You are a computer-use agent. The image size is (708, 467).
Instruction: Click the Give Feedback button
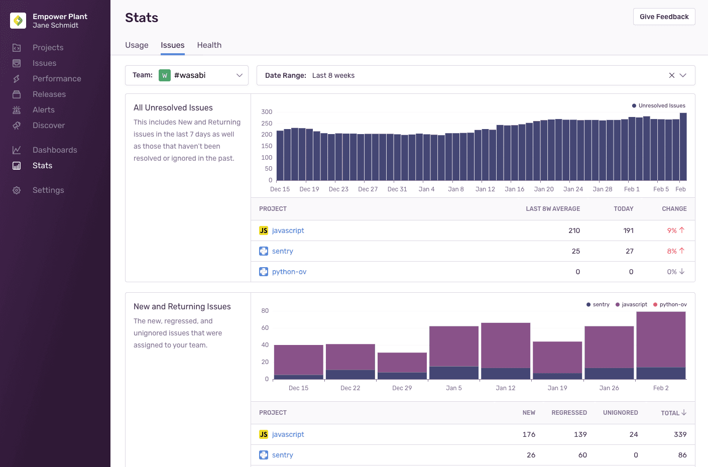[664, 17]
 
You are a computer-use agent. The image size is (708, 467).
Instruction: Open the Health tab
[209, 45]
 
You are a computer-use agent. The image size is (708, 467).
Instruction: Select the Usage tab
[137, 45]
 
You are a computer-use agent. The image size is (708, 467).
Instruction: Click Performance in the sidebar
[57, 79]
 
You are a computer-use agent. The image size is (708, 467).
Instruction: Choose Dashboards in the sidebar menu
[55, 150]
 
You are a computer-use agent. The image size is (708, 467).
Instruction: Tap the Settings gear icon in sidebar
[17, 190]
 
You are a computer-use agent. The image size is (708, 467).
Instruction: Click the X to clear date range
[671, 75]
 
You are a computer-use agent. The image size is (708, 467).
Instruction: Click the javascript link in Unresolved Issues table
[288, 230]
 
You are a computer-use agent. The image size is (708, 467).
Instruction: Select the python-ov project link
[289, 272]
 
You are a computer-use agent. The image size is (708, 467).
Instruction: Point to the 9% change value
[672, 230]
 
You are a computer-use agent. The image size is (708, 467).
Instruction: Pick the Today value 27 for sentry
[629, 251]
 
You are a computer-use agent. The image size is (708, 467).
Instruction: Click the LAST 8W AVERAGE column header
[552, 209]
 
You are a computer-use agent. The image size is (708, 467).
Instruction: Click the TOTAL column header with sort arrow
[673, 413]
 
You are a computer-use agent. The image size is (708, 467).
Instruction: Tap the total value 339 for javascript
[680, 434]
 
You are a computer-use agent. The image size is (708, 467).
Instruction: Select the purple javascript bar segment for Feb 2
[661, 339]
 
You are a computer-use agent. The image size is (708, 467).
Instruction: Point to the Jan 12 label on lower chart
[505, 388]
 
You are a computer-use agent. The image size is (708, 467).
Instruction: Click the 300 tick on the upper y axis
[267, 112]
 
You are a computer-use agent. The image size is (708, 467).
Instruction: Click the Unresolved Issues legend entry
[661, 105]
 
